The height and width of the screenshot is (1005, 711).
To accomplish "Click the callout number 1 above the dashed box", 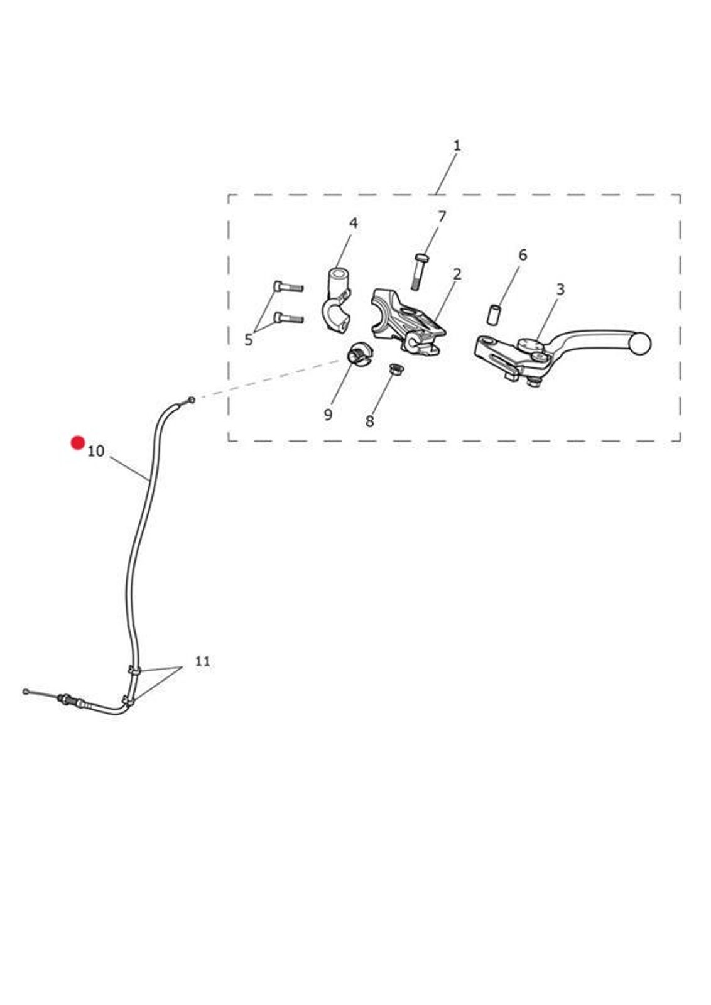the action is pyautogui.click(x=457, y=146).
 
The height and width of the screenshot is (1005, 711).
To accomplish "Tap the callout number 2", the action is pyautogui.click(x=457, y=274).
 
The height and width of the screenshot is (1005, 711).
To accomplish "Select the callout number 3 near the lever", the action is pyautogui.click(x=560, y=290).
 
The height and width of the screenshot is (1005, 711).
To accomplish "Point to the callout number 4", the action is pyautogui.click(x=354, y=223).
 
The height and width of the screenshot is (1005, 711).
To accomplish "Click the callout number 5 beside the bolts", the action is pyautogui.click(x=249, y=340).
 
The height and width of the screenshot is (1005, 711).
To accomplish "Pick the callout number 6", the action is pyautogui.click(x=523, y=255).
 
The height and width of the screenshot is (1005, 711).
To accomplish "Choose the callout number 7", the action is pyautogui.click(x=442, y=217).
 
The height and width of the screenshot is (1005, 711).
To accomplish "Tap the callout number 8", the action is pyautogui.click(x=369, y=421).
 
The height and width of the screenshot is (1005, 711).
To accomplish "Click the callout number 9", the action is pyautogui.click(x=328, y=415).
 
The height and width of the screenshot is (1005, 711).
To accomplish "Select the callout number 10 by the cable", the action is pyautogui.click(x=95, y=451).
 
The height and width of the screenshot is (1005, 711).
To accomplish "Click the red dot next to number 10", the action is pyautogui.click(x=78, y=443).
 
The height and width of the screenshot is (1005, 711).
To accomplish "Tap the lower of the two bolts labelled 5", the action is pyautogui.click(x=288, y=318).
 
